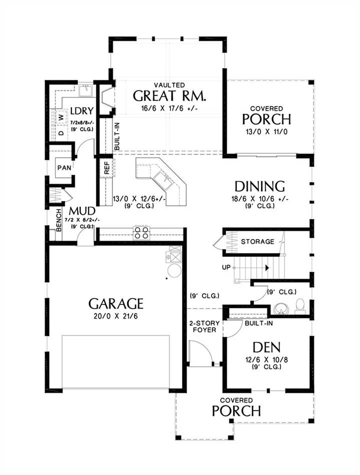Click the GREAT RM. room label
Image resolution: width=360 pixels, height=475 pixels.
pos(169,95)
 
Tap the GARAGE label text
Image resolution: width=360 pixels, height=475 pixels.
pos(116,303)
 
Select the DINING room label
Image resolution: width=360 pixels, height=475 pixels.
pos(259,186)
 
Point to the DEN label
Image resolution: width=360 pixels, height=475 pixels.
pos(266,347)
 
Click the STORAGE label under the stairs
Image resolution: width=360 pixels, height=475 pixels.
pos(257,241)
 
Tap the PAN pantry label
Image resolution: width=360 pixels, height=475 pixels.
pos(64,167)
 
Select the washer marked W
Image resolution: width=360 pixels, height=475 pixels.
pos(61,117)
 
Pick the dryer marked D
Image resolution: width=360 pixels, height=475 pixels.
pos(61,132)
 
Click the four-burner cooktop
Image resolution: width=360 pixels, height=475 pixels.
pos(141,232)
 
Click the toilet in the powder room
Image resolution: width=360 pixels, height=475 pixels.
pos(299,306)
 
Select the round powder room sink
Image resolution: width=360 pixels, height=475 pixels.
pos(280,308)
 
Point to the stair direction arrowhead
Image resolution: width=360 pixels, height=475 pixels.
pos(267,268)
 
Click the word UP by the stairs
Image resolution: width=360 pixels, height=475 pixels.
pos(226,267)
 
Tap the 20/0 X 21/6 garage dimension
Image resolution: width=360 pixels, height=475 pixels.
pos(116,316)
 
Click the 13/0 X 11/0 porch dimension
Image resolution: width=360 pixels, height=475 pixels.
pos(266,132)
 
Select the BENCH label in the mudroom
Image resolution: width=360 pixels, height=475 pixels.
pos(59,220)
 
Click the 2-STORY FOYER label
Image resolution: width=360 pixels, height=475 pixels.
pos(204,326)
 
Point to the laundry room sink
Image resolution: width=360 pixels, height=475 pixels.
pos(86,90)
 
